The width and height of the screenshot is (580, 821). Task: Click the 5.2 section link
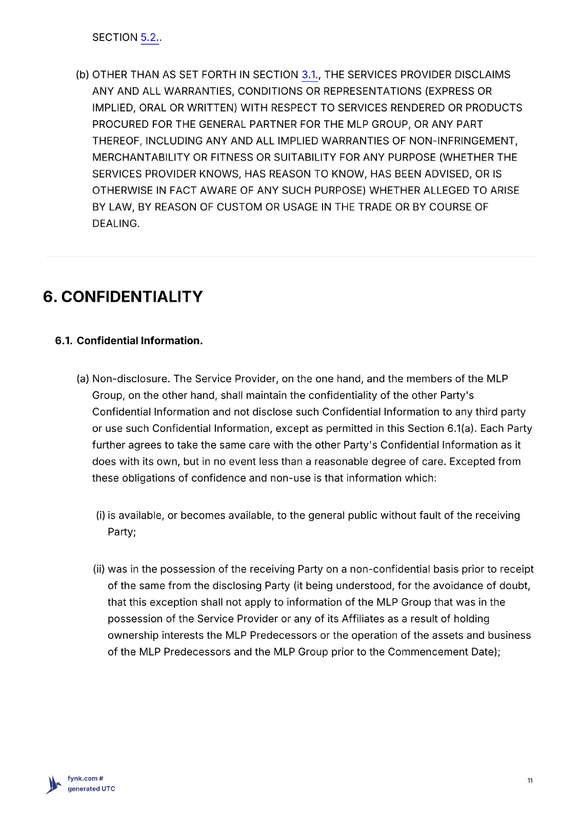(149, 37)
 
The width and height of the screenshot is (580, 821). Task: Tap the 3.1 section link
(309, 75)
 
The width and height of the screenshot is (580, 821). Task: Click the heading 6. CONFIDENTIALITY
(123, 297)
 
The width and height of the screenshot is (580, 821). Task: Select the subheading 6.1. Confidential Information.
(129, 341)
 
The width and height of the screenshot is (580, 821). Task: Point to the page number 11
(530, 780)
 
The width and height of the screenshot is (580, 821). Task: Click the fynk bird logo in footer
(53, 784)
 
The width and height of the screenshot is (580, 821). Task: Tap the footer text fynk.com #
(85, 778)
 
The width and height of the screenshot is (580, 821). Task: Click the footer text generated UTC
(91, 789)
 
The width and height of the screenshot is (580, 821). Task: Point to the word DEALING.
(115, 224)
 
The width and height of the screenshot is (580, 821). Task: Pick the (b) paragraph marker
(83, 75)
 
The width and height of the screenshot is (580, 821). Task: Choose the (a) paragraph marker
(83, 379)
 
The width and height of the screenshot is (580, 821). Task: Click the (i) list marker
(101, 516)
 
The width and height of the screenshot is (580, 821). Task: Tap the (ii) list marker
(99, 570)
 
